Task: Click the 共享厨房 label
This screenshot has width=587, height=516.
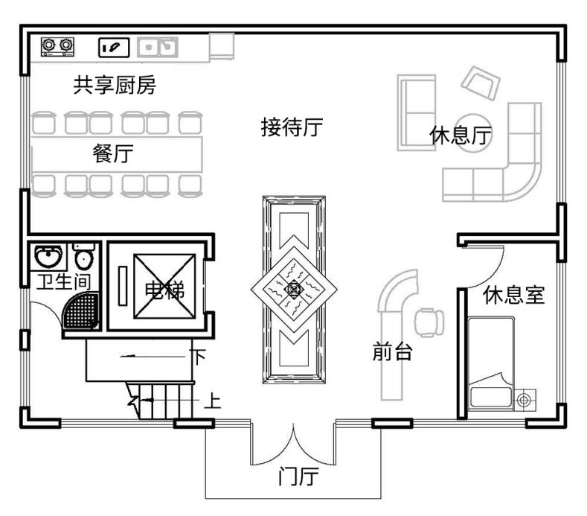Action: pos(115,86)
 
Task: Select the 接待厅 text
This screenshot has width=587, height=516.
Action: pos(291,127)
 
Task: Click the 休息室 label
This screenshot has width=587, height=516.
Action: pos(514,296)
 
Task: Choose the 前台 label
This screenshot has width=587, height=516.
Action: pos(392,352)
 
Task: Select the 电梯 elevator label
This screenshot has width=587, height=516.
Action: pos(164,290)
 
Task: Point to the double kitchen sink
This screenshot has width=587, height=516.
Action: pos(158,48)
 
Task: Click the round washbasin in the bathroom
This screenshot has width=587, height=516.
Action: pos(49,257)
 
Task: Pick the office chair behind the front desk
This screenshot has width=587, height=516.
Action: pos(429,321)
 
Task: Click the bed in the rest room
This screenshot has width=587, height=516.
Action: pos(490,362)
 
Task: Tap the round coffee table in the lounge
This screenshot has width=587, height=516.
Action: pos(473,132)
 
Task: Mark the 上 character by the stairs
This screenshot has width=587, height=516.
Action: pos(212,403)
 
